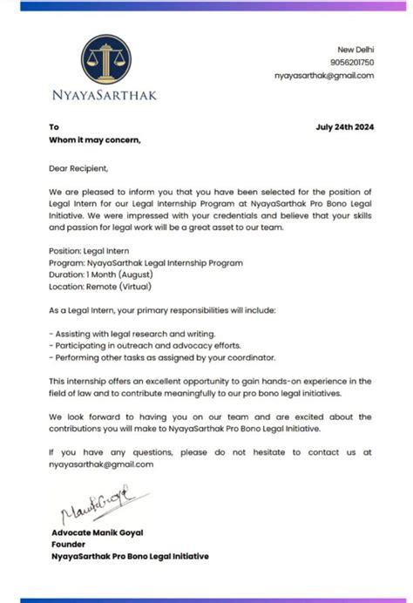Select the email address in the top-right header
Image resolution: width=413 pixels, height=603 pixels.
coord(324,76)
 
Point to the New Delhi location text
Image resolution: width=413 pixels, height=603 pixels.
coord(357,49)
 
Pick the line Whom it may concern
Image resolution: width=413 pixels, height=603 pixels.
coord(95,139)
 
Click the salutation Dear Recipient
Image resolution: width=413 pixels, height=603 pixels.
coord(79,168)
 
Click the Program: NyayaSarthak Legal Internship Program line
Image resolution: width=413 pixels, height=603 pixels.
coord(146,262)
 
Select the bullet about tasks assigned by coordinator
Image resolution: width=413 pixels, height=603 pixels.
coord(161,357)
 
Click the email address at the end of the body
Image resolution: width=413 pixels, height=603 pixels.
coord(102,464)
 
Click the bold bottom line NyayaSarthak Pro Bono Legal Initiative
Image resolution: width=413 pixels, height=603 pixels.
coord(130,555)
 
